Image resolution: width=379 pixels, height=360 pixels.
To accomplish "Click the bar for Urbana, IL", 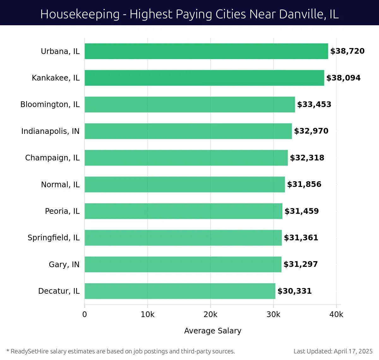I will coord(206,51).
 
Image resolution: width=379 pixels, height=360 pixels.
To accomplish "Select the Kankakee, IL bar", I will coord(204,78).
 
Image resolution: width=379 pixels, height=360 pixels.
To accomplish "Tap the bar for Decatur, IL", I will coord(180,291).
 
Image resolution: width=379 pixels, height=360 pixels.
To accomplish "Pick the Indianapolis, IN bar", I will coord(188,131).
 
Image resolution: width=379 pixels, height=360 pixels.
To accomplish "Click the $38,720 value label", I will coord(347,51).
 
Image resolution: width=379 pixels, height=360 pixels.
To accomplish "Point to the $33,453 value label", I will coord(314,105).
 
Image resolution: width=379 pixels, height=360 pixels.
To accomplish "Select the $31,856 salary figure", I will coord(304,184).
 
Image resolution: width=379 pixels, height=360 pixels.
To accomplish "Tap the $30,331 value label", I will coord(295,291).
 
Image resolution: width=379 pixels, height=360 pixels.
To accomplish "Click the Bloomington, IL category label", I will coord(50,105).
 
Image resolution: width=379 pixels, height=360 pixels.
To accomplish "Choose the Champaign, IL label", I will coord(52,158).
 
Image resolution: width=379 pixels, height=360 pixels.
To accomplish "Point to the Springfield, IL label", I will coord(54,237).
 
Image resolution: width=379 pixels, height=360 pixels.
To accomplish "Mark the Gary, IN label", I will coord(64,264).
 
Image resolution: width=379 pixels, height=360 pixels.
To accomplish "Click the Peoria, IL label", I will coord(62,211).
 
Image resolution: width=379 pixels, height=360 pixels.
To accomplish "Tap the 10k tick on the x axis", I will coord(147,315).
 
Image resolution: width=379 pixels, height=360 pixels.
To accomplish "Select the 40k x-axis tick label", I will coord(336,315).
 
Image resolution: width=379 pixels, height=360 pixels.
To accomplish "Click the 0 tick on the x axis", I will coord(85,315).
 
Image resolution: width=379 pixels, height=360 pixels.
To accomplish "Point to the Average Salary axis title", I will coord(213,331).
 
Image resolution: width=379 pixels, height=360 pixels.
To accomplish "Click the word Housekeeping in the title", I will coord(80,14).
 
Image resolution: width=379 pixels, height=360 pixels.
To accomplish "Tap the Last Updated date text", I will coord(333,351).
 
